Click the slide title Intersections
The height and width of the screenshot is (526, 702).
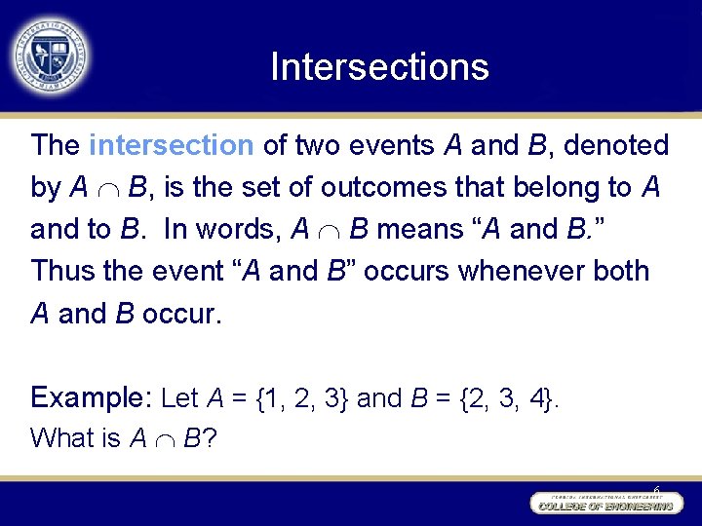(379, 67)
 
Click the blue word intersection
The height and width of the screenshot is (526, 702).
(171, 146)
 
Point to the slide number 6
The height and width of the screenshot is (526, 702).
(656, 490)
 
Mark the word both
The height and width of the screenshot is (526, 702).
(620, 271)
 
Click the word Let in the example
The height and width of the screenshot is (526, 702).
(179, 397)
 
